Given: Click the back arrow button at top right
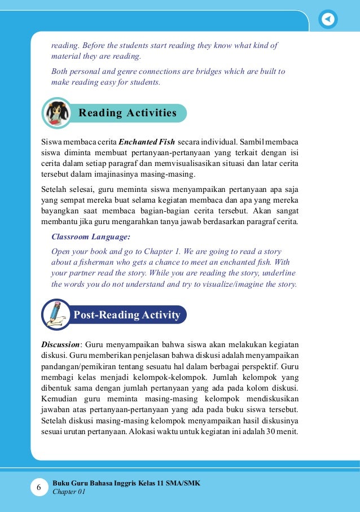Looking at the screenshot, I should point(328,19).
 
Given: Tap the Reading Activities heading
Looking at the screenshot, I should point(128,113).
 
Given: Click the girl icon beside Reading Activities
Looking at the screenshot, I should point(57,112).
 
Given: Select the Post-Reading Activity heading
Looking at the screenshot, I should point(127,314).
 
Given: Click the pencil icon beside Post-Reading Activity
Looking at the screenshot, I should point(56,314).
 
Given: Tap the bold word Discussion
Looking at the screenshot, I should point(62,344).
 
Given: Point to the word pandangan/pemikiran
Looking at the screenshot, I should point(74,366).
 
